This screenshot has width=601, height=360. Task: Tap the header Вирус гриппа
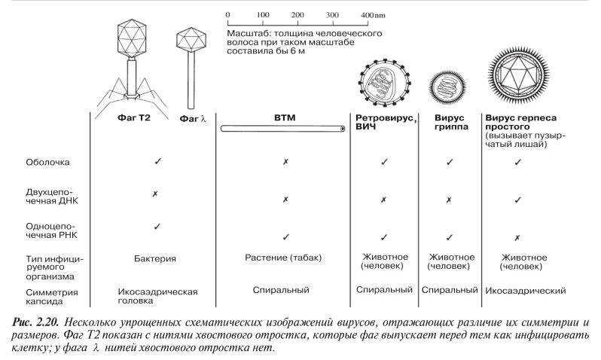(450, 123)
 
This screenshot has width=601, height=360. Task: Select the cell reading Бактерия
(155, 258)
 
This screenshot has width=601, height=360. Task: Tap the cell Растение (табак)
(283, 258)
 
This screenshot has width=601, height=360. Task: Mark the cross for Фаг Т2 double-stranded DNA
(155, 194)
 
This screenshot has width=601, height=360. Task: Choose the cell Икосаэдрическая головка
(157, 294)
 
